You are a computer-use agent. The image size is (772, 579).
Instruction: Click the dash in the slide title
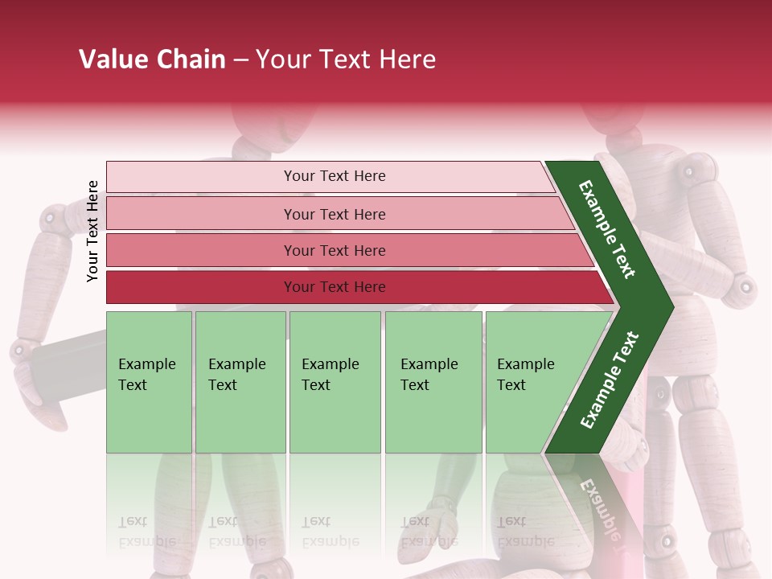pos(240,60)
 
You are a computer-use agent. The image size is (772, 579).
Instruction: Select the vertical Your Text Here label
pos(93,231)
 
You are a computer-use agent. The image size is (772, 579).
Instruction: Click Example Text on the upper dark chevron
pos(608,230)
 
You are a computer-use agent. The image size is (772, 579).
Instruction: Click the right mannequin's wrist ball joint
pos(745,285)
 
